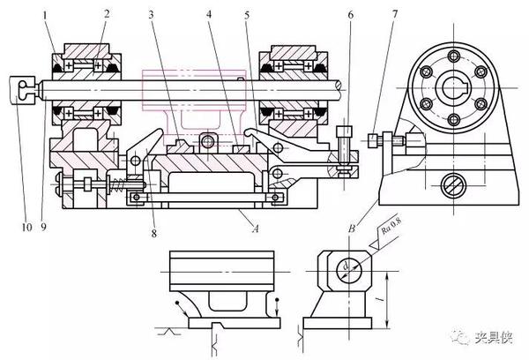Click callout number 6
pos(349,15)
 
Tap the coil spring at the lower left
pos(113,185)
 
